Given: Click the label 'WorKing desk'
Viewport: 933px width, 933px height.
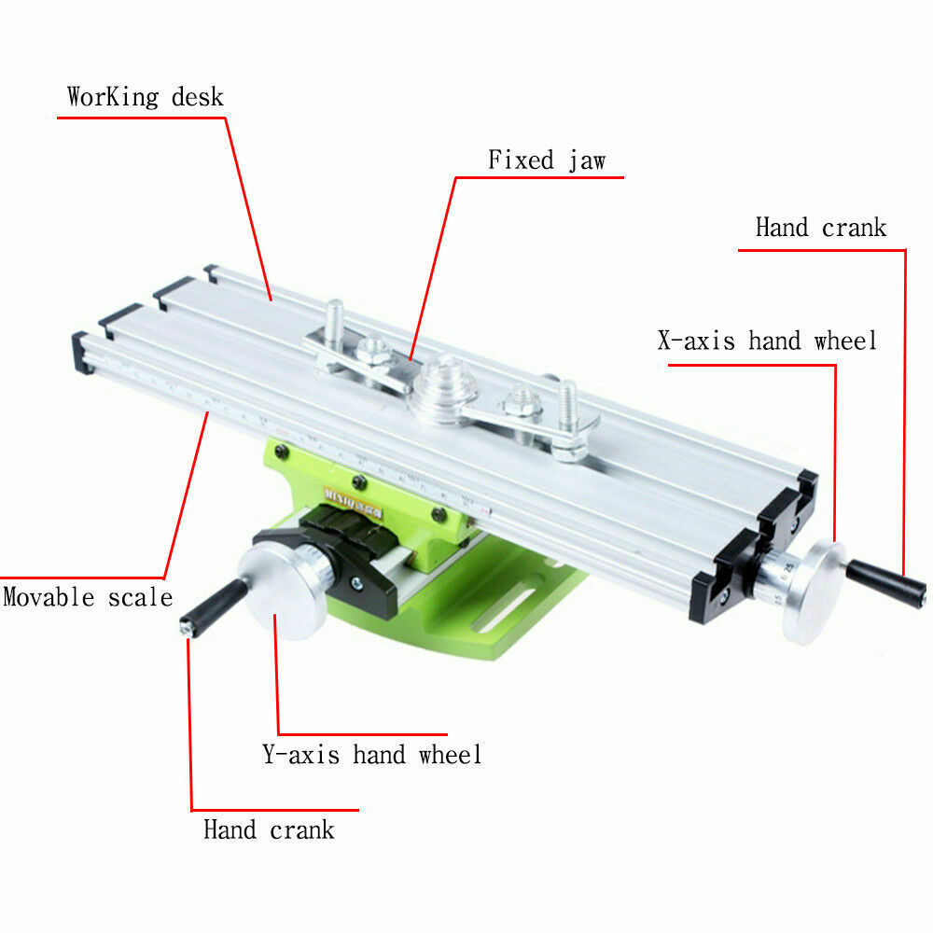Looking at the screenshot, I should click(x=146, y=97).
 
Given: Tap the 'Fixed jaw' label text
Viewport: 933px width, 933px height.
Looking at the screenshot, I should click(x=547, y=160).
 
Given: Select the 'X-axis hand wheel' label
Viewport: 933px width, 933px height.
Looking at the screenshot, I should click(x=767, y=341).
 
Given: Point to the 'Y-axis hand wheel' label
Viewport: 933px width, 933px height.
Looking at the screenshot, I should click(x=371, y=754).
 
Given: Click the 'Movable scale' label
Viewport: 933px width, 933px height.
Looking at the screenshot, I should click(x=88, y=597).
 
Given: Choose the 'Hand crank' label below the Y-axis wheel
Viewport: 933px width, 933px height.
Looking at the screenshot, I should click(x=269, y=829).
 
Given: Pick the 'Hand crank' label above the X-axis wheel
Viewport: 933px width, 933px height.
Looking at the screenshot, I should click(x=821, y=228).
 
